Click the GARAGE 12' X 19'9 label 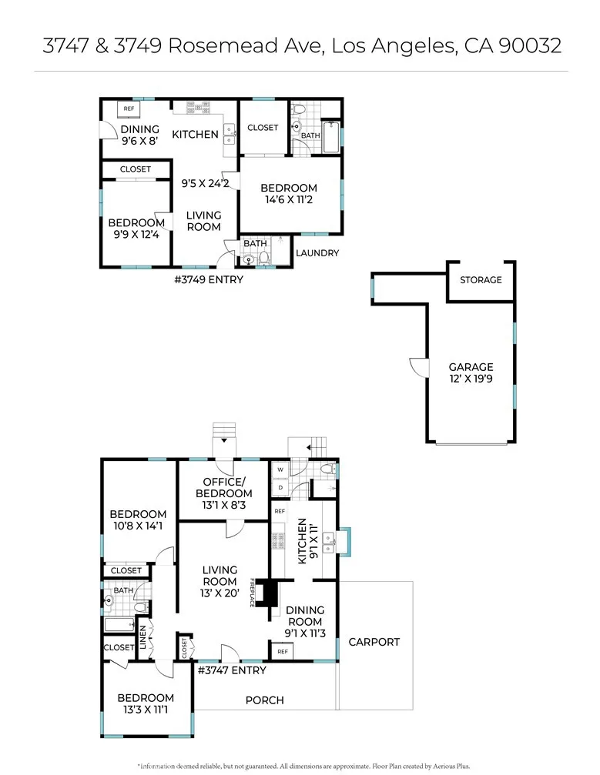click(x=471, y=372)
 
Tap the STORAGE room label click(x=481, y=280)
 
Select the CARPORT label click(x=374, y=642)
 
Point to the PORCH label click(x=264, y=700)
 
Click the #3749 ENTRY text click(x=209, y=279)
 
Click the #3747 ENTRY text click(x=233, y=670)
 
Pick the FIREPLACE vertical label click(x=253, y=593)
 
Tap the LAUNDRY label click(x=317, y=253)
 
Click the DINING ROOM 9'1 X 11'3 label click(x=305, y=622)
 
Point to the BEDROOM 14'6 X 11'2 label click(x=288, y=194)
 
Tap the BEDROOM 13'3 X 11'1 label click(x=146, y=704)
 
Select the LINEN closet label click(x=143, y=636)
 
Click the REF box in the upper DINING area click(x=129, y=109)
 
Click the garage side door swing click(x=418, y=367)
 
